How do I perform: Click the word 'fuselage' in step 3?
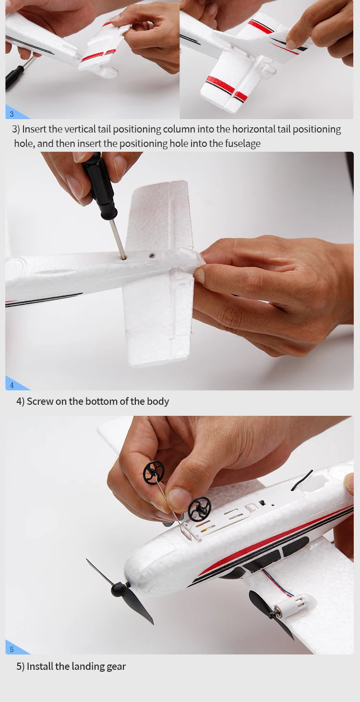(x=243, y=144)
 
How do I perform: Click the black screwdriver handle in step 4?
(x=100, y=185)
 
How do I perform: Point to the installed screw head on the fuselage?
(x=152, y=255)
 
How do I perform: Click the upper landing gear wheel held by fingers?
(x=154, y=472)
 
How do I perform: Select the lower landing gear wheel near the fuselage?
(x=199, y=509)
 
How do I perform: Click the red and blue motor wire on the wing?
(x=277, y=583)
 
